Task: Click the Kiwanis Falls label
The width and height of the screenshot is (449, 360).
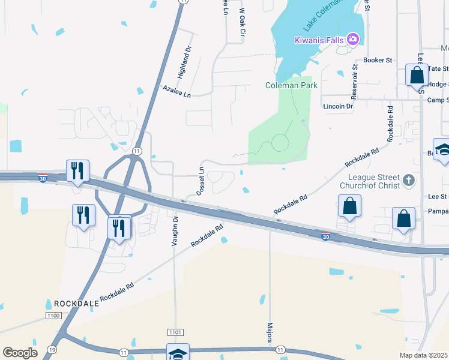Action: (x=319, y=40)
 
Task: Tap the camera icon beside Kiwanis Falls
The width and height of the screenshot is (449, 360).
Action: (x=353, y=40)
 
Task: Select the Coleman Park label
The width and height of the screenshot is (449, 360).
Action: (x=292, y=86)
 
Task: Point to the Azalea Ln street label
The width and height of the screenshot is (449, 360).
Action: (x=176, y=91)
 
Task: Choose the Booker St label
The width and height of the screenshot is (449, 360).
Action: (x=378, y=61)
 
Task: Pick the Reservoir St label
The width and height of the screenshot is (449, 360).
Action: (x=355, y=79)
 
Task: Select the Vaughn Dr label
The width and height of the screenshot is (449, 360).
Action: (x=175, y=232)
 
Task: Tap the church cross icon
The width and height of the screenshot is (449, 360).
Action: (x=409, y=180)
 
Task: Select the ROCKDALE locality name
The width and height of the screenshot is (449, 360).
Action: (x=76, y=304)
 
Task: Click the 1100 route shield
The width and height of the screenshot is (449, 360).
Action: (x=53, y=316)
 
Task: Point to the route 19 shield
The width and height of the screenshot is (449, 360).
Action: (x=53, y=349)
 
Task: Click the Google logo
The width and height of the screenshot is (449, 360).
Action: (x=20, y=353)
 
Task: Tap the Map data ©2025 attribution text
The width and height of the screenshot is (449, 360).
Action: (x=423, y=355)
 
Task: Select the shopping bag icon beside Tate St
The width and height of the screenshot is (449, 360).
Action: (x=416, y=76)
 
